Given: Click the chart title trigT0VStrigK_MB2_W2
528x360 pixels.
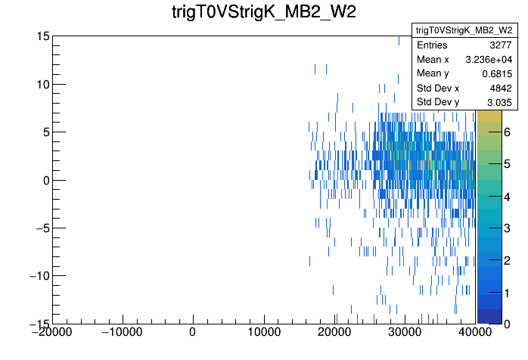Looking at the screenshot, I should tap(263, 14).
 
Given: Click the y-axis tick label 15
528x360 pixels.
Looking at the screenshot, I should tap(42, 36).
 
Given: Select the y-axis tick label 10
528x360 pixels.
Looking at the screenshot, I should tap(42, 84).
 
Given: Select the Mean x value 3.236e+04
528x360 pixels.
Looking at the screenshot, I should tap(490, 59).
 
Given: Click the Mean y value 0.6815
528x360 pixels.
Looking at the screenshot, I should tap(498, 73).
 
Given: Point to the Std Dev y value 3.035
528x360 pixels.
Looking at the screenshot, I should tap(500, 102).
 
